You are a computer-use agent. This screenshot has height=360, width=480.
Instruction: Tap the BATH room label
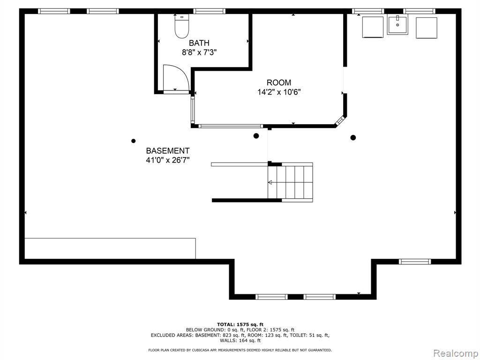point(199,43)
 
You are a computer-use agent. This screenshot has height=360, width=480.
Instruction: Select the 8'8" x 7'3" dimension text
point(199,52)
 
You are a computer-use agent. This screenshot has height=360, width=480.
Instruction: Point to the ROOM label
point(279,82)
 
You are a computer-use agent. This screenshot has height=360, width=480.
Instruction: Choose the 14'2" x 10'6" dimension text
point(279,92)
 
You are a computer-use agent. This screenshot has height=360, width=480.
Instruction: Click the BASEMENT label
point(168,150)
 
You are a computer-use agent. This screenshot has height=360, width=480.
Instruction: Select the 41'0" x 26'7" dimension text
point(168,160)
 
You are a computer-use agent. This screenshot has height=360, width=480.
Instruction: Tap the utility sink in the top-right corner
point(397,25)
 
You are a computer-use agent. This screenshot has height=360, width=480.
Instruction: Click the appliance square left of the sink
point(373,27)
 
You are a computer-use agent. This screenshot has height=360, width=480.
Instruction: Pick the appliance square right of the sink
point(427,28)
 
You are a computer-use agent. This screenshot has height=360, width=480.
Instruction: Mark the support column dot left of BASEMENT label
point(134,141)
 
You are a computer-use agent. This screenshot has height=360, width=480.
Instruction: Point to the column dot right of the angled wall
point(353,137)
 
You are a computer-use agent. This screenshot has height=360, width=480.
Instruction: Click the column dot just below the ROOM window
point(256,135)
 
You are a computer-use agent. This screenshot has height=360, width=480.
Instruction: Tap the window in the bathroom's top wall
point(210,11)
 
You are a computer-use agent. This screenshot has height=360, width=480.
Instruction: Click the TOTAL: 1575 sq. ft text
point(240,324)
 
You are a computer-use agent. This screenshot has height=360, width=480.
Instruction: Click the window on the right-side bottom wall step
point(415,262)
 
